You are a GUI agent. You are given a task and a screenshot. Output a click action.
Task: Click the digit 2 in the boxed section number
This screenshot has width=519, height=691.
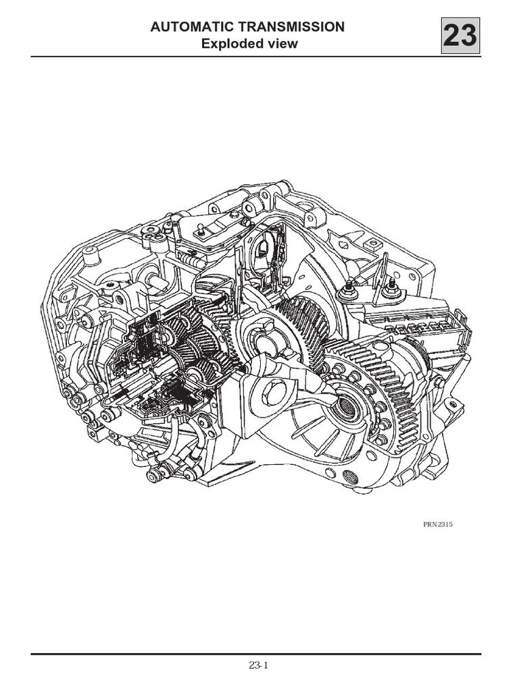pyautogui.click(x=452, y=36)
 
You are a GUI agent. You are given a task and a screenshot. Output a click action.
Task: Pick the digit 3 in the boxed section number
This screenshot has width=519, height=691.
pyautogui.click(x=469, y=36)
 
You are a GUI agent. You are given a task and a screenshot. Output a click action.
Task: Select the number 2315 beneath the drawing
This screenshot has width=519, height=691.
pyautogui.click(x=445, y=524)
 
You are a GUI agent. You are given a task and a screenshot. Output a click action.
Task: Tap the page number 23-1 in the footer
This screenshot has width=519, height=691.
pyautogui.click(x=259, y=665)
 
